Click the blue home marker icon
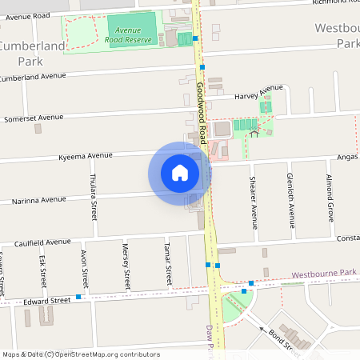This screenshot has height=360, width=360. click(x=180, y=172)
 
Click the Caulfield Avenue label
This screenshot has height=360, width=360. click(x=42, y=242)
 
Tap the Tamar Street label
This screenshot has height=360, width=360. click(x=168, y=265)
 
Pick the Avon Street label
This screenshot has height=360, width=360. click(x=84, y=268)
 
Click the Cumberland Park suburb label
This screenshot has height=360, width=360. click(x=32, y=53)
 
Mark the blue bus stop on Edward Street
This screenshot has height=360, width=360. click(x=78, y=297)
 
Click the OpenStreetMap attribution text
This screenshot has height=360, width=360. click(x=81, y=354)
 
